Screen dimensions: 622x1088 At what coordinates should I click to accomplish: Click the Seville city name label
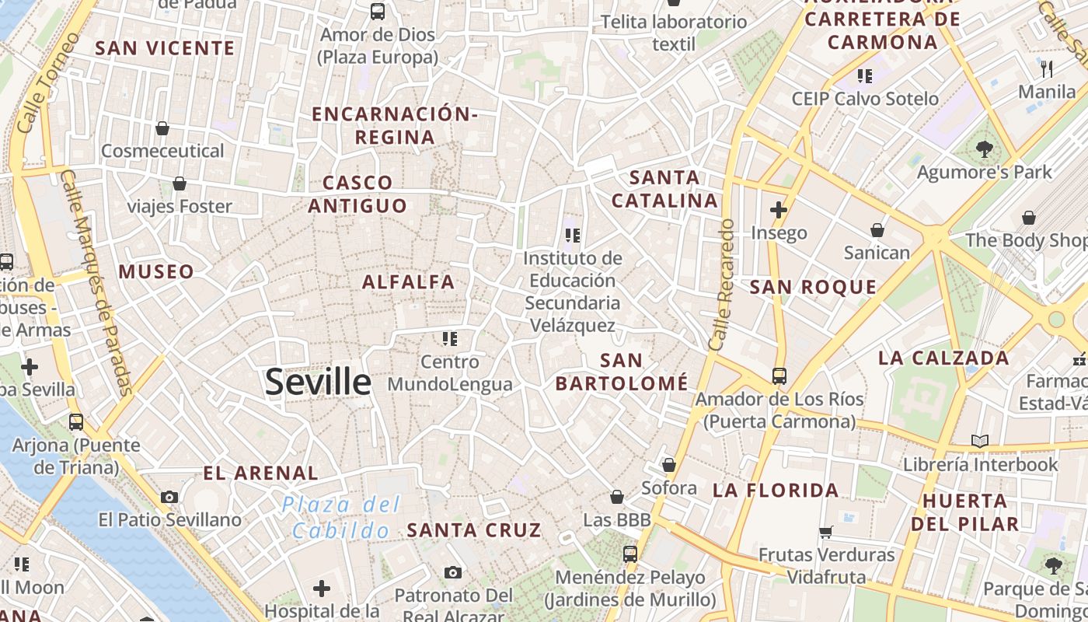coord(318,382)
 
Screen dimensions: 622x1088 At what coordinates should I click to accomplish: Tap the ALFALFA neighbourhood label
coord(409,281)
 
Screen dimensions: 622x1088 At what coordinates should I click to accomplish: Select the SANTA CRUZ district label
coord(474,530)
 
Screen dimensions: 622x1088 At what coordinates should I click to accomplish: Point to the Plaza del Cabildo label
coord(341,518)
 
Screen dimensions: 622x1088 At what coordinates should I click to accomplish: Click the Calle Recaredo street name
coord(721,285)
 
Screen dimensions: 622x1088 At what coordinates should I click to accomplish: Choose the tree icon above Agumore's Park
coord(984,149)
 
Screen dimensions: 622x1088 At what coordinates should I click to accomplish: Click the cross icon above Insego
coord(779,210)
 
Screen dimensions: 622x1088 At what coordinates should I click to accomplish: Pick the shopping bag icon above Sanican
coord(877,230)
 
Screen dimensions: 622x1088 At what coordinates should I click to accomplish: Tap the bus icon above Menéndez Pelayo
coord(630,554)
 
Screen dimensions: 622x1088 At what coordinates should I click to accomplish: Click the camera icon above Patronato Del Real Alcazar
coord(453,573)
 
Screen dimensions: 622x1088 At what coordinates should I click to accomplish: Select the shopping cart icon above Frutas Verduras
coord(826,533)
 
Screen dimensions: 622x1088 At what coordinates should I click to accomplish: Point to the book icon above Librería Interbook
coord(980,442)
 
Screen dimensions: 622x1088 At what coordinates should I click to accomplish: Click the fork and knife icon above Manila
coord(1047,69)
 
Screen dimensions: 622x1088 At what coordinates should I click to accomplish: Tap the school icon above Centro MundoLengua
coord(450,338)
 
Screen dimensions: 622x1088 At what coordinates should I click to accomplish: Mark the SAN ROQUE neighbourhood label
coord(813,288)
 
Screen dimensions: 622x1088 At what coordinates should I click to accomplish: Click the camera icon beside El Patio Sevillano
coord(169,497)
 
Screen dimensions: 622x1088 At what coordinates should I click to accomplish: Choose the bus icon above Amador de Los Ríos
coord(779,376)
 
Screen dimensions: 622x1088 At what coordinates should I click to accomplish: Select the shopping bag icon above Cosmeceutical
coord(162,128)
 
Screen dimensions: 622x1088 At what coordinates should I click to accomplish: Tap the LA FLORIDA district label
coord(776,491)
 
